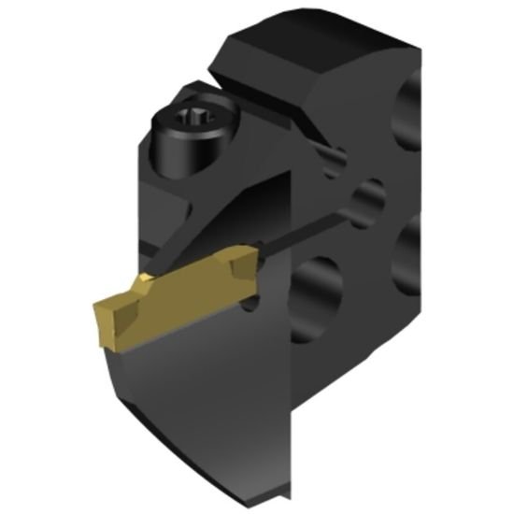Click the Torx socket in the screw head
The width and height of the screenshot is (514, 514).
[x=193, y=118]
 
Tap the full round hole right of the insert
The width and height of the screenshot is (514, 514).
[x=315, y=291]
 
